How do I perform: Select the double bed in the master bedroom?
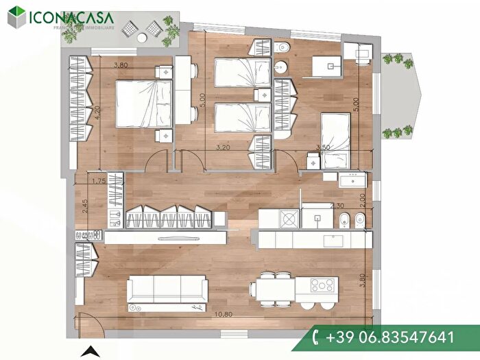(x=142, y=104)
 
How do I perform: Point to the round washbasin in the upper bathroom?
(x=282, y=67)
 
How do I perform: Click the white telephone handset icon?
(x=316, y=337)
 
